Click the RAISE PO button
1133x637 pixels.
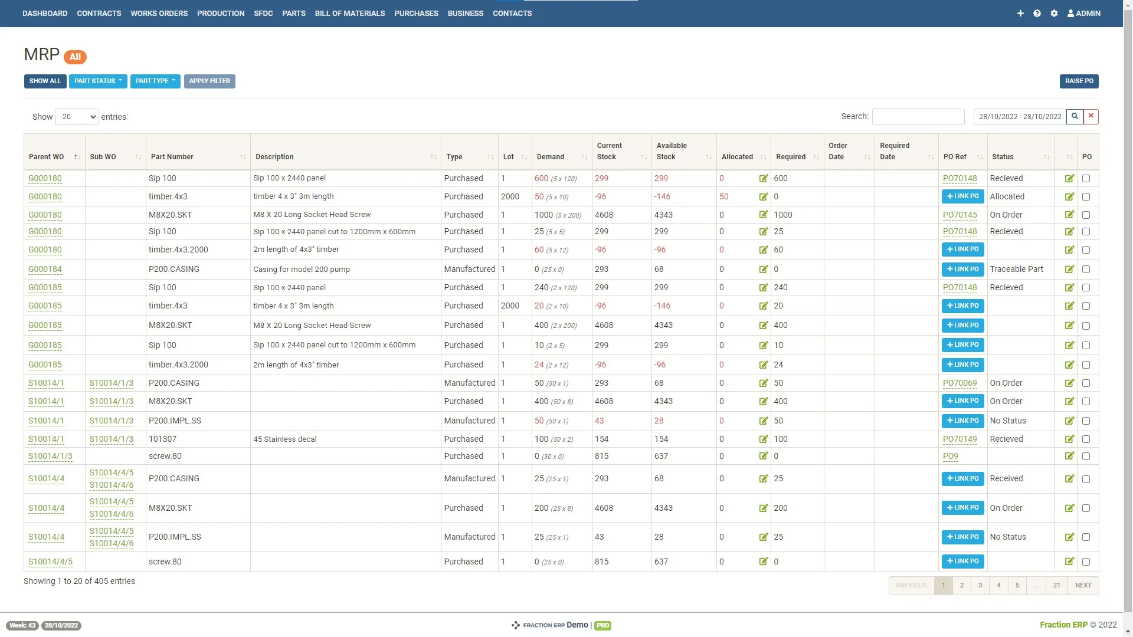coord(1079,81)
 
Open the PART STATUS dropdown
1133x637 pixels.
coord(98,81)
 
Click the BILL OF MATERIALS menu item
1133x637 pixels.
coord(349,13)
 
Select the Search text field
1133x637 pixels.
coord(918,117)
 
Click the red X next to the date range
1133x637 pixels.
coord(1091,116)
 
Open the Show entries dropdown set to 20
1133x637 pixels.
coord(77,117)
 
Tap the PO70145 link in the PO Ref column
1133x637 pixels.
coord(960,215)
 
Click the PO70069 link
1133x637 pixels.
coord(960,383)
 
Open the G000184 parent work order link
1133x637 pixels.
coord(45,270)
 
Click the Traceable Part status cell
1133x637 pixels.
coord(1016,270)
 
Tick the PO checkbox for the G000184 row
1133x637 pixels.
coord(1086,270)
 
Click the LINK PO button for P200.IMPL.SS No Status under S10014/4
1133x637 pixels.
coord(962,537)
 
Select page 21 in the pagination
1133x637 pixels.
coord(1056,586)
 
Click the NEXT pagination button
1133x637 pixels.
coord(1083,586)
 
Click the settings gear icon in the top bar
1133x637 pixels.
coord(1054,13)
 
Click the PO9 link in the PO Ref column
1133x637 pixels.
coord(950,457)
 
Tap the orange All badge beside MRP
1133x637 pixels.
coord(75,57)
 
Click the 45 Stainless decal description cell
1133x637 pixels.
coord(285,439)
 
